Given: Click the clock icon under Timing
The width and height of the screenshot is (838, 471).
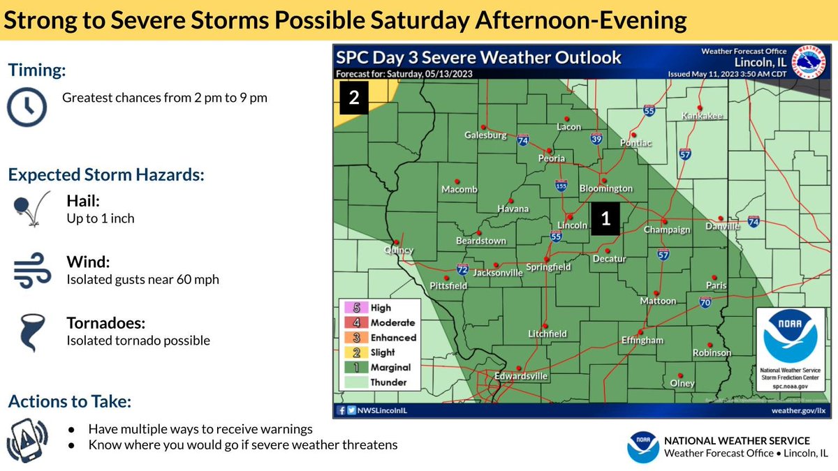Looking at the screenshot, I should (27, 107).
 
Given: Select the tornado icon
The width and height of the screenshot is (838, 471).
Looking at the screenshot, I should (29, 333).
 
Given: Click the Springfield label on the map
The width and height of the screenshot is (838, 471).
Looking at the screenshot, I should (548, 267).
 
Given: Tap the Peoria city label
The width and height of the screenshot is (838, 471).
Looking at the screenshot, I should (552, 158).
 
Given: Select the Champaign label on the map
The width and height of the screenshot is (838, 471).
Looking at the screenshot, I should (666, 230).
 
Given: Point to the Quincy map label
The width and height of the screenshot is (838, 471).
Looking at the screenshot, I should (399, 250).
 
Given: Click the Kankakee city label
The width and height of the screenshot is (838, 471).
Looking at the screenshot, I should (702, 116).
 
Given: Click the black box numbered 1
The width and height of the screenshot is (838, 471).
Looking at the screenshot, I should (605, 218).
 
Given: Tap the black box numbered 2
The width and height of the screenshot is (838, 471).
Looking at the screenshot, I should (354, 98).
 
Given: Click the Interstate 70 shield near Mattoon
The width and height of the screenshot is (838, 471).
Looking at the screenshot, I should (705, 301).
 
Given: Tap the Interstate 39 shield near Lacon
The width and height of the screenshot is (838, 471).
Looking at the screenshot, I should (596, 138).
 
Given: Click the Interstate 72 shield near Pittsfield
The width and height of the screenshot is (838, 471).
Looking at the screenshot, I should (462, 269).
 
